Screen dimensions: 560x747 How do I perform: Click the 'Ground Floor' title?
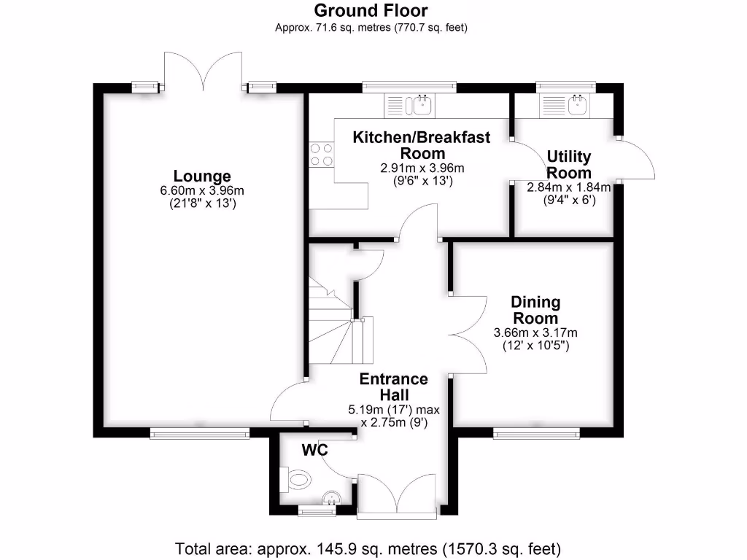point(371,11)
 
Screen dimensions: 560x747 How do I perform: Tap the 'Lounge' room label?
point(202,176)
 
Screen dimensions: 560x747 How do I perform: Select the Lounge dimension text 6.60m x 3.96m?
point(202,191)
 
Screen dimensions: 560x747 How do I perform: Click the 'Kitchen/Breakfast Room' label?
point(422,145)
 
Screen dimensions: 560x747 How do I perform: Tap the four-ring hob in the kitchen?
point(322,154)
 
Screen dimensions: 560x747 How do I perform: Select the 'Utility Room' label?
point(569,165)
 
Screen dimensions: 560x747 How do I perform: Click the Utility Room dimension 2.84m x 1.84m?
point(569,187)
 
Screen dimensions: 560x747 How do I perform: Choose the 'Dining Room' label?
point(535,310)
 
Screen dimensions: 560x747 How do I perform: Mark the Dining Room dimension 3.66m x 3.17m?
point(535,333)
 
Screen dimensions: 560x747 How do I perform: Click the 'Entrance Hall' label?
point(393,387)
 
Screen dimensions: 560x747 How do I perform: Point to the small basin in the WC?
point(332,499)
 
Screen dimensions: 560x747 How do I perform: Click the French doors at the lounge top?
point(203,71)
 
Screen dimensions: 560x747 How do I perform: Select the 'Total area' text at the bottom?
point(368,548)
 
